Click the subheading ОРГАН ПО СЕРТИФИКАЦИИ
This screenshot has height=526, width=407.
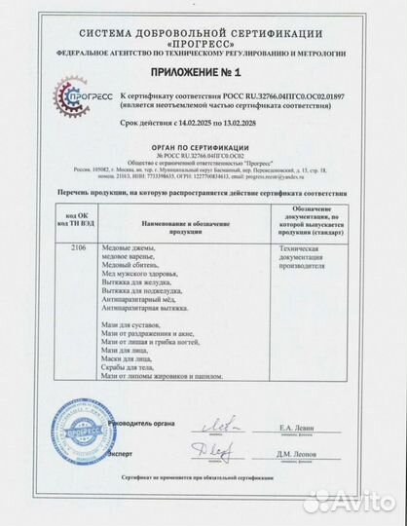click(203, 144)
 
